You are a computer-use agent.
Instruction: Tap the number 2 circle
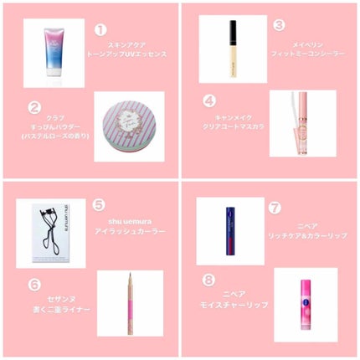pyautogui.click(x=34, y=106)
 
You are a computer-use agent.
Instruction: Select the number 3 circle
pyautogui.click(x=280, y=26)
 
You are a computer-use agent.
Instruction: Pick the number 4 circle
pyautogui.click(x=210, y=100)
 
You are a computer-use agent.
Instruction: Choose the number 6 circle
pyautogui.click(x=34, y=284)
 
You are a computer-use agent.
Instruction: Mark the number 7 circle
pyautogui.click(x=275, y=205)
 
